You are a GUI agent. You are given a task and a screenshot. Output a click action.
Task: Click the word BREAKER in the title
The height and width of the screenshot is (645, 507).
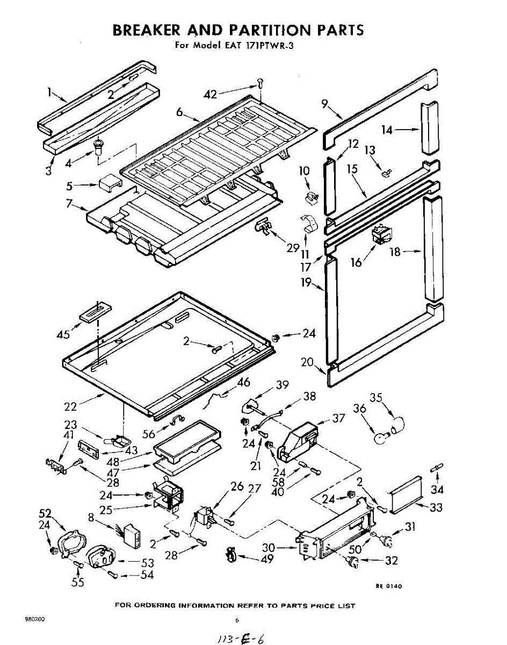tap(147, 30)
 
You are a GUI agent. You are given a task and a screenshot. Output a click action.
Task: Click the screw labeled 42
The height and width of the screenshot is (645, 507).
tap(260, 83)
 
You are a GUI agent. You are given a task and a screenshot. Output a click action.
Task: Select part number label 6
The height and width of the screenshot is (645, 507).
tap(179, 112)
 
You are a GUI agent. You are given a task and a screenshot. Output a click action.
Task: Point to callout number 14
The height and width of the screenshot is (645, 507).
tap(387, 130)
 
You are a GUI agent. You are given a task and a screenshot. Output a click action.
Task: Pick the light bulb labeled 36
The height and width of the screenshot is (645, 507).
tap(382, 438)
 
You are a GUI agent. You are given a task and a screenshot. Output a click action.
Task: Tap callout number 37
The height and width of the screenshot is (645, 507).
tap(339, 418)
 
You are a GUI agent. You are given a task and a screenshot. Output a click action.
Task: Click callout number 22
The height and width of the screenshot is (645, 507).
tap(71, 407)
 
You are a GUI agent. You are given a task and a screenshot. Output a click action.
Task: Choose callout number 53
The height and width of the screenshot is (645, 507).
tap(147, 563)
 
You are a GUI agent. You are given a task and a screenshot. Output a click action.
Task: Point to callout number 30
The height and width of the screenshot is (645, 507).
tap(269, 548)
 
